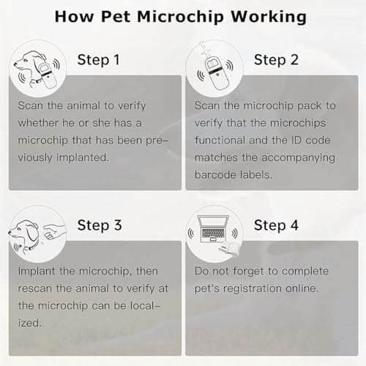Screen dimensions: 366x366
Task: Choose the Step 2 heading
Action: pyautogui.click(x=276, y=59)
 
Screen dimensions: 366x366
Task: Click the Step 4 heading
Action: pyautogui.click(x=276, y=225)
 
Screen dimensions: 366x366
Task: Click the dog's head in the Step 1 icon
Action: pyautogui.click(x=28, y=61)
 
